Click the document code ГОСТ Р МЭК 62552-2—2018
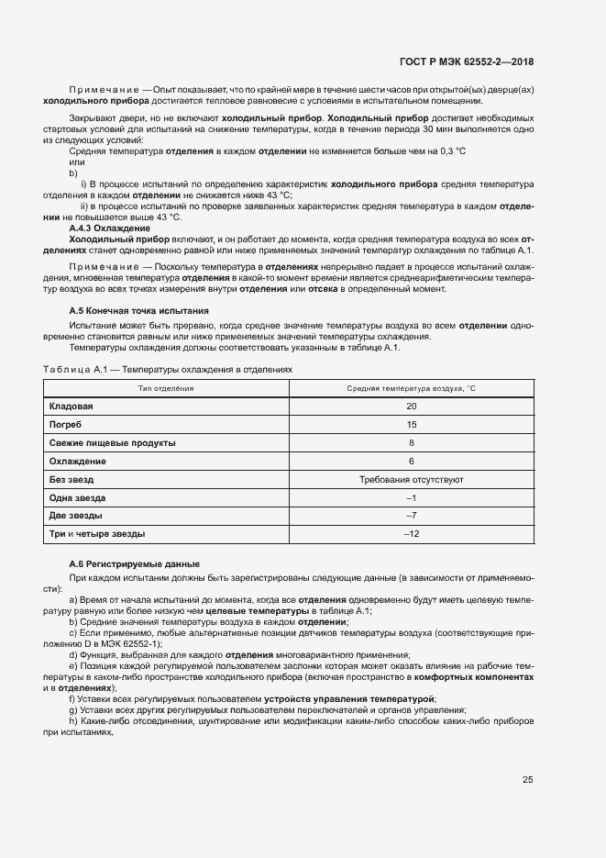pos(467,62)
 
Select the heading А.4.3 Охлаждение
pos(110,228)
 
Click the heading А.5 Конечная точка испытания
pos(139,311)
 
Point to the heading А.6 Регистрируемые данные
pos(135,563)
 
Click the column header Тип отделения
pos(166,389)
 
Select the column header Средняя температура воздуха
pos(412,389)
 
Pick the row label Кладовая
pos(71,406)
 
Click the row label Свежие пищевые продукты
pos(112,443)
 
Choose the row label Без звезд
pos(72,479)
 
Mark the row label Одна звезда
pos(78,497)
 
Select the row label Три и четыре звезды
pos(96,534)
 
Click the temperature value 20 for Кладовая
pos(412,406)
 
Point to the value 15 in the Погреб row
pos(412,425)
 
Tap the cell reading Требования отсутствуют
pos(412,479)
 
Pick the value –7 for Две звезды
pos(412,516)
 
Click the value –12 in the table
pos(412,534)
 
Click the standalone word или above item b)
pos(77,162)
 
